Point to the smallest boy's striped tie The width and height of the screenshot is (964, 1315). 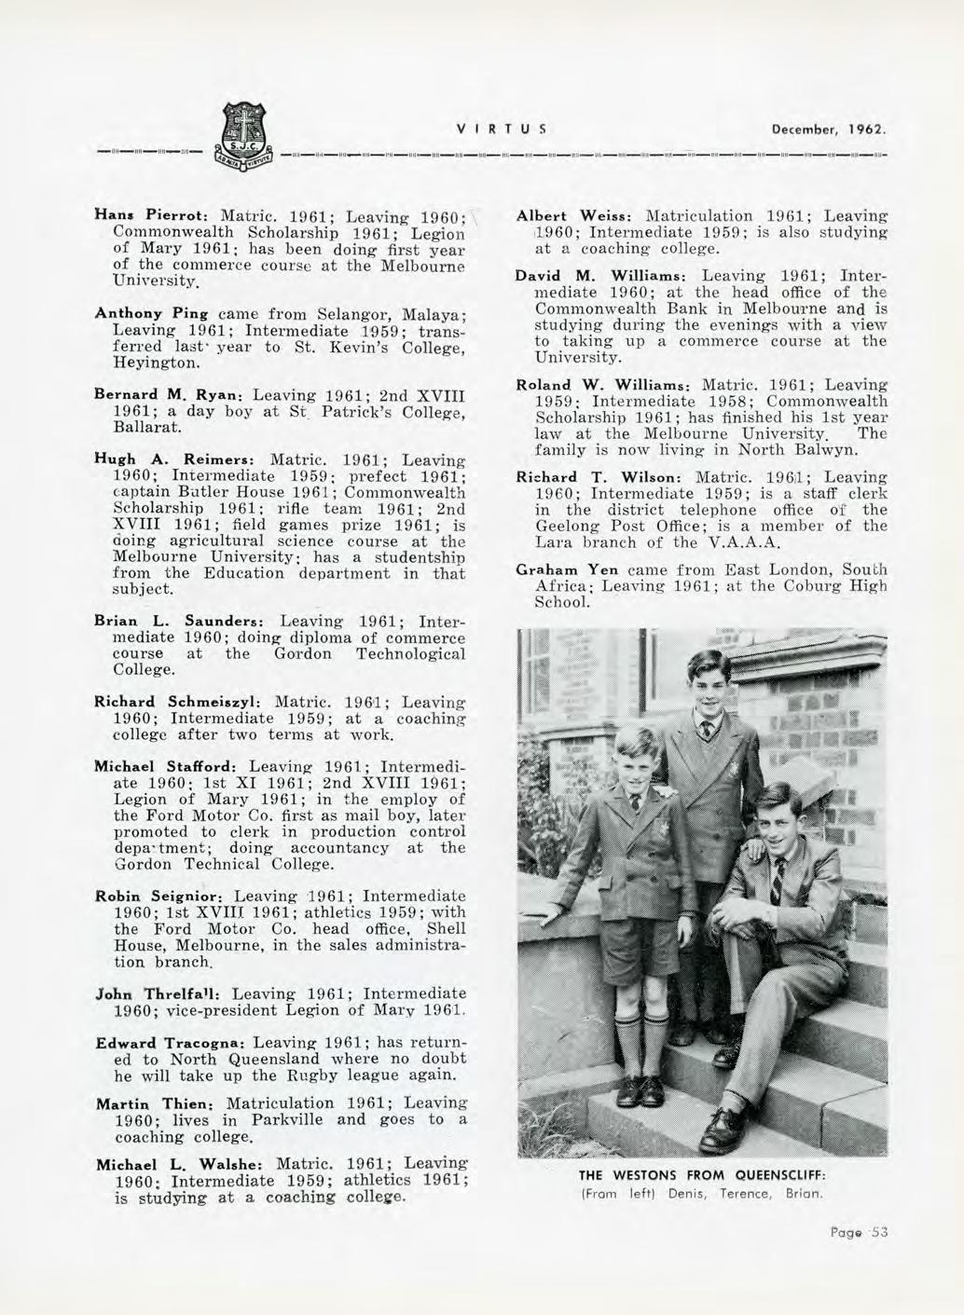[637, 810]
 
